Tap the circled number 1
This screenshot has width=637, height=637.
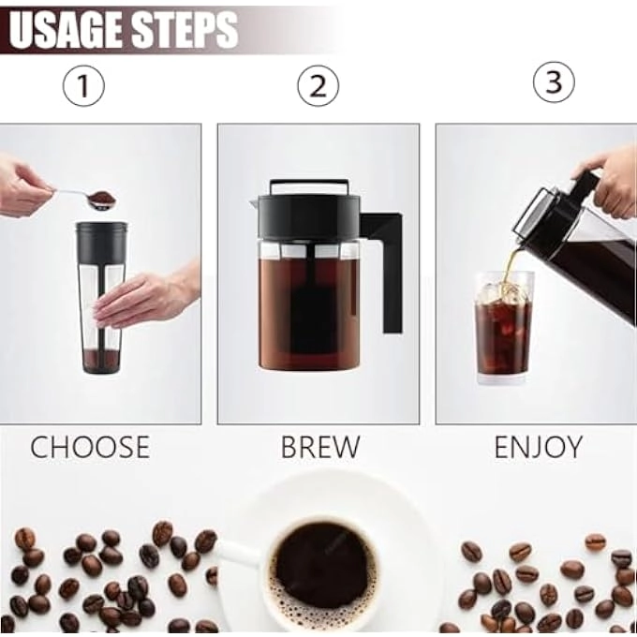coord(82,87)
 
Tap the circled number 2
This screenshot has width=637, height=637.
coord(318,87)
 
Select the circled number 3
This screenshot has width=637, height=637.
coord(553,83)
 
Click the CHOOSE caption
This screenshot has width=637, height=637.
coord(90,447)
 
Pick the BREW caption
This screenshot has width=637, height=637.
coord(319,447)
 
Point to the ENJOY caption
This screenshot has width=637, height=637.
coord(538,447)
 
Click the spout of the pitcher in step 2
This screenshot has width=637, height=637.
coord(256,201)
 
